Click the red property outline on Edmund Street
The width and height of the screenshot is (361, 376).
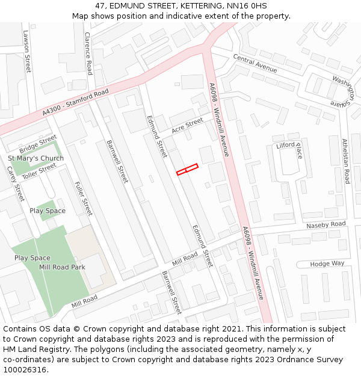coord(187,170)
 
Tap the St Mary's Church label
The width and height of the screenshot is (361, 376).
coord(35,158)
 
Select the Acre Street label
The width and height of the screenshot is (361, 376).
coord(187,126)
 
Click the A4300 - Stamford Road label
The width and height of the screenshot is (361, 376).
coord(76,103)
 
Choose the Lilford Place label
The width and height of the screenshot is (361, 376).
coord(289,149)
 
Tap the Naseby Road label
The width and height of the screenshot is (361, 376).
coord(326,224)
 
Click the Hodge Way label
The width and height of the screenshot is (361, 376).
coord(327,264)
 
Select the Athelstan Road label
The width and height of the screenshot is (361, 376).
coord(345,161)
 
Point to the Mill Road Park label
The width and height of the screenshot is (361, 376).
coord(62,267)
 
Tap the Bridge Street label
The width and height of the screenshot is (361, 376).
coord(38,145)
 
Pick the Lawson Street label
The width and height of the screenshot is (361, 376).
coord(27,51)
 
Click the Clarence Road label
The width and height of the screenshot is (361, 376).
coord(88,54)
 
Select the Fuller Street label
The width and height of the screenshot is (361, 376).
coord(84,198)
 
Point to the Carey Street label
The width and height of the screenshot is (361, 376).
coord(15,183)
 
